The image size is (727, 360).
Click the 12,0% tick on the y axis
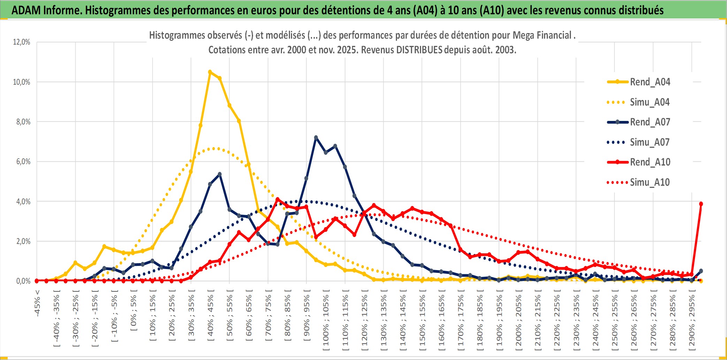point(22,42)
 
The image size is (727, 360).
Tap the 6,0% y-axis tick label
point(23,162)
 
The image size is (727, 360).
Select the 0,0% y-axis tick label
point(23,281)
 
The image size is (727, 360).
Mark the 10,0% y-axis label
point(22,82)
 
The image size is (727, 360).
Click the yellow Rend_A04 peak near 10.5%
point(210,72)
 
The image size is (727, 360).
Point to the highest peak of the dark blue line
point(316,138)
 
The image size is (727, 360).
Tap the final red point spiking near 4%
point(701,204)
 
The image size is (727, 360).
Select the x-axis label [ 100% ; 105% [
point(326,322)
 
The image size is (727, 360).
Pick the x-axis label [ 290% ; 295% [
point(691,322)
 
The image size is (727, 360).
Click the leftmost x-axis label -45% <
point(37,303)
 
